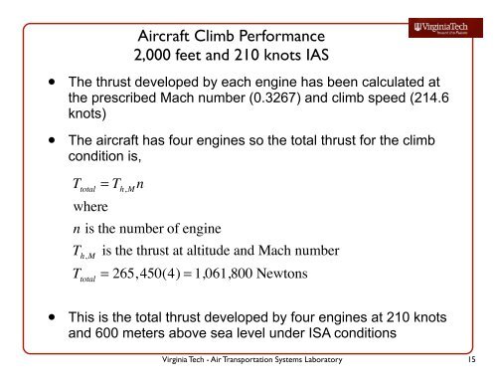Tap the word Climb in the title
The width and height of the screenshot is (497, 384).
coord(223,31)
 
